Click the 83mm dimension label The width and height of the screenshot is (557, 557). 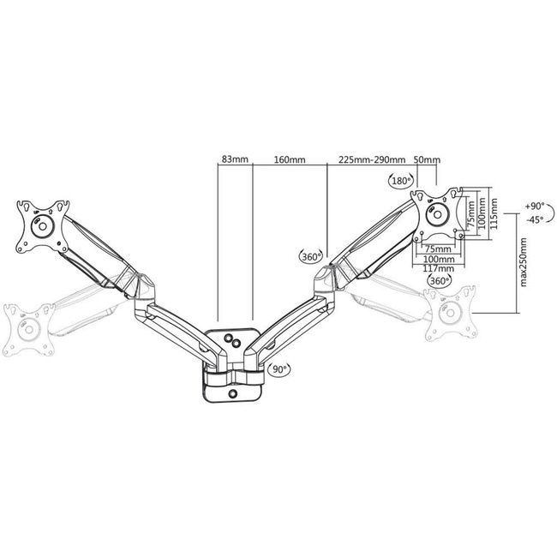[235, 159]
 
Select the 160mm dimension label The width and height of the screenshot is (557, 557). [290, 159]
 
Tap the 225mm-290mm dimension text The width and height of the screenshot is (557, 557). [372, 159]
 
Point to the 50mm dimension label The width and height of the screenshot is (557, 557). [427, 159]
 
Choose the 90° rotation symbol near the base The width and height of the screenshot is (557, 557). [279, 369]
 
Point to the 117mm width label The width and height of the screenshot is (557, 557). [438, 269]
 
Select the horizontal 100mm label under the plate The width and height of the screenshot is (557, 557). [438, 259]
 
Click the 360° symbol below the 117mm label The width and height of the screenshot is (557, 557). [439, 281]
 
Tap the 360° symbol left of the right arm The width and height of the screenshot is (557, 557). [310, 255]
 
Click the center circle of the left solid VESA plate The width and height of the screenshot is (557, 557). [39, 228]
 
